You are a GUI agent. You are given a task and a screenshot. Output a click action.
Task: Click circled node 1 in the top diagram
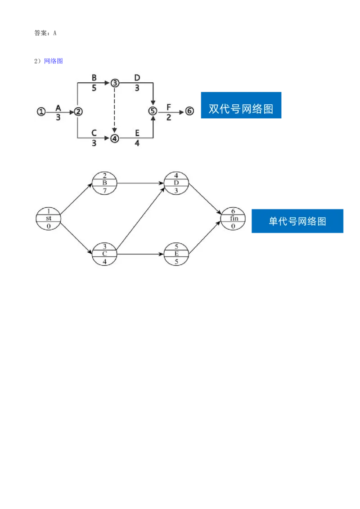coord(41,112)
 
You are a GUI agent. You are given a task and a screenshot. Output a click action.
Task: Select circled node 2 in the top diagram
coord(78,112)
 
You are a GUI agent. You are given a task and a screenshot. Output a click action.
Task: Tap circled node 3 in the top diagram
coord(115,83)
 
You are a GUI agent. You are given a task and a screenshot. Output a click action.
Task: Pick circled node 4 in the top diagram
coord(115,138)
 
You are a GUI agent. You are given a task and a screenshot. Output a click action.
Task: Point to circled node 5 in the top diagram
coord(153,111)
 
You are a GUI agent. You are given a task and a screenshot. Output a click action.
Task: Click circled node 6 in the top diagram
coord(189,111)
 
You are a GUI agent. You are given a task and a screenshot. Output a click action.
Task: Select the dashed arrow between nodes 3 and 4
coord(115,111)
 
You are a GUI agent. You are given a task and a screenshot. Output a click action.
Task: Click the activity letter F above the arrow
coord(169,107)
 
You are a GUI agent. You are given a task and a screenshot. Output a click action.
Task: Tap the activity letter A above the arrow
coord(58,108)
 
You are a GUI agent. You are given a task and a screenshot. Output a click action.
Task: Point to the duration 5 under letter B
coord(94,88)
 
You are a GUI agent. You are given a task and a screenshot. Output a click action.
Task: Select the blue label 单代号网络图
coord(297,221)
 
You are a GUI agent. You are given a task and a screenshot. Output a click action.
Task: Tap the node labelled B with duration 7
coord(104,183)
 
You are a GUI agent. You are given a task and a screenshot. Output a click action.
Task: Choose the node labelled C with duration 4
coord(104,254)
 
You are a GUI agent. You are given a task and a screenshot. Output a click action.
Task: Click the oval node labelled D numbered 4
coord(176,183)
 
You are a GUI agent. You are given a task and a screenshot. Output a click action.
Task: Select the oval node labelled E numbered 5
coord(176,254)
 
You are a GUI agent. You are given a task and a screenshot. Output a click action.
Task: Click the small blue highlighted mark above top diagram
coord(54,61)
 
